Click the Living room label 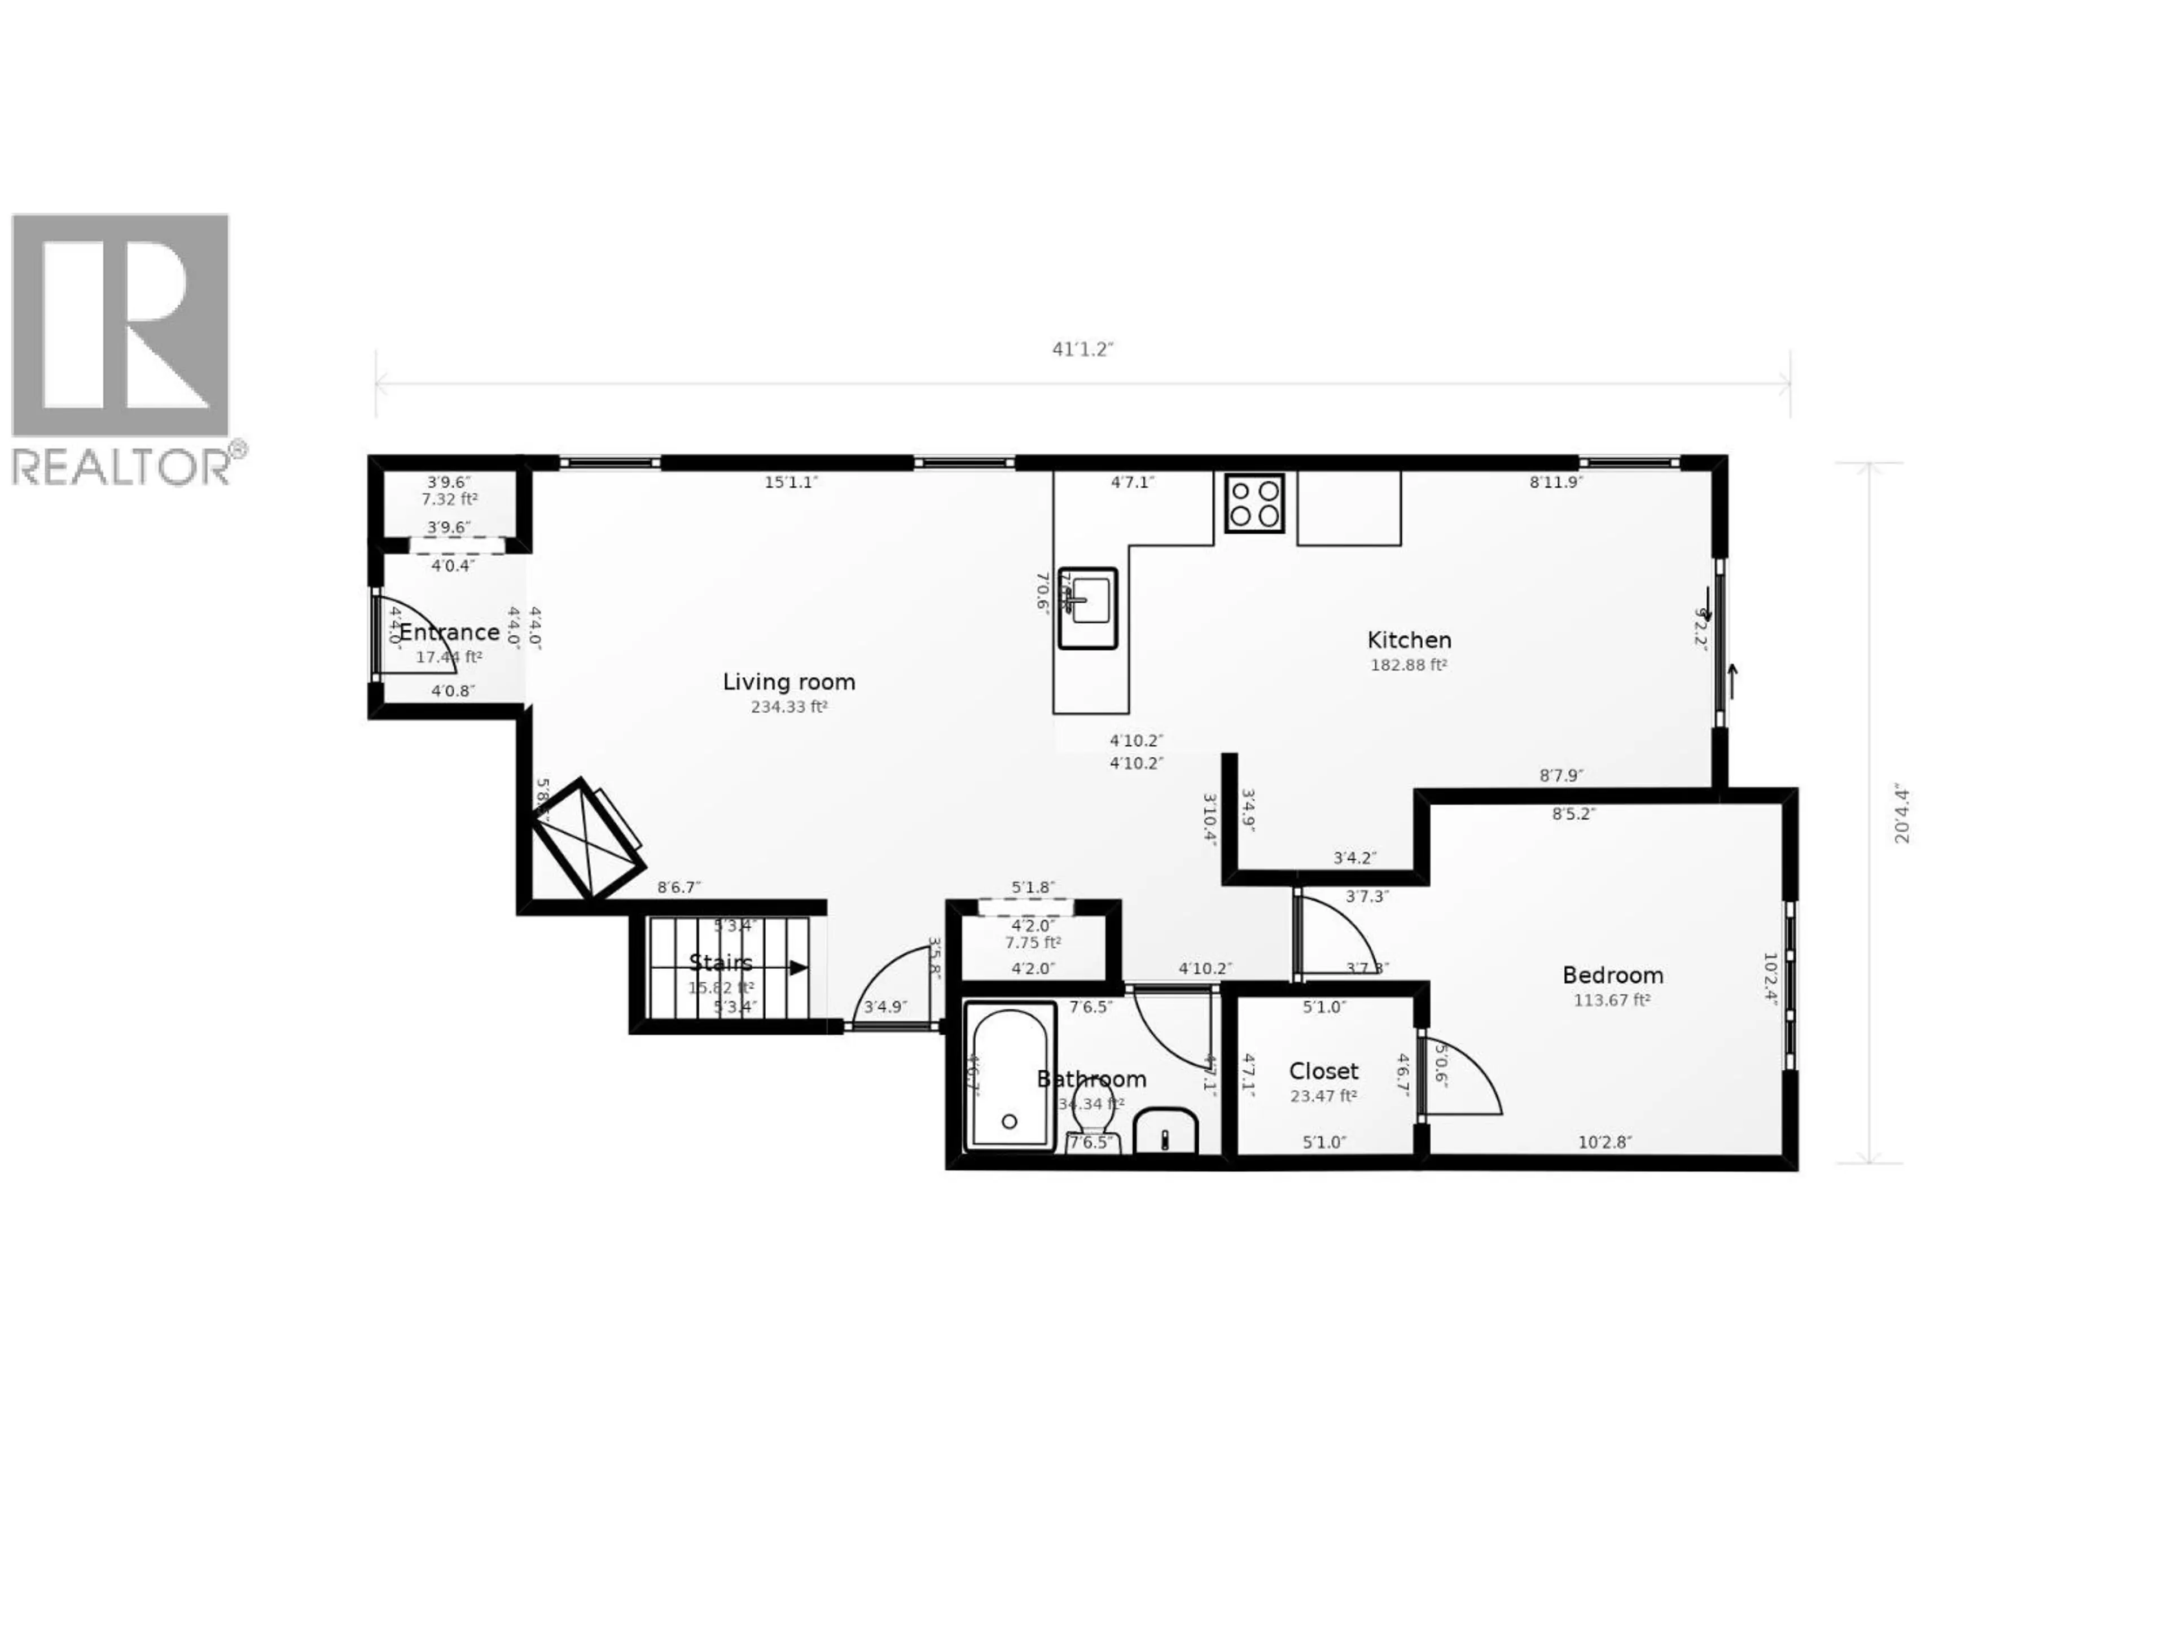[x=788, y=682]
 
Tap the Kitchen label [x=1409, y=640]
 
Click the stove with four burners [x=1254, y=503]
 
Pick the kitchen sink [x=1087, y=607]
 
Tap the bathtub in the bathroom [x=1010, y=1075]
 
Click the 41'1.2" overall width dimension [x=1082, y=350]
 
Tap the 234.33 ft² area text [x=788, y=707]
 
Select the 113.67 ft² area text [x=1612, y=1000]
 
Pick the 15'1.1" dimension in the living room [x=791, y=482]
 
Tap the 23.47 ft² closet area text [x=1323, y=1096]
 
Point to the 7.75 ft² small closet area [x=1033, y=942]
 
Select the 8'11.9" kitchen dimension [x=1556, y=482]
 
